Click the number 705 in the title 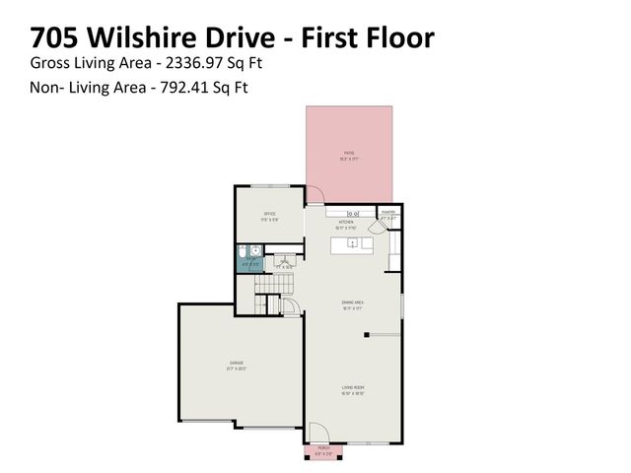[56, 38]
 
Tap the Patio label [348, 154]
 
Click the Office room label [268, 214]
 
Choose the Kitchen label [346, 223]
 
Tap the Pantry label [388, 212]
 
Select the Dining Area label [352, 304]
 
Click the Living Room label [353, 388]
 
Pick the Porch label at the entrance [324, 448]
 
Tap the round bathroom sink [253, 250]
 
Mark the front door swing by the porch [316, 431]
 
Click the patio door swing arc [318, 196]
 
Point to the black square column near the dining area [365, 336]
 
